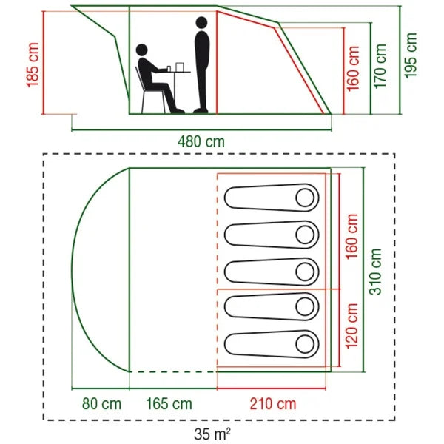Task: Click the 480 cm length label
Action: (201, 141)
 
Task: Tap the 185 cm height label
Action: (33, 66)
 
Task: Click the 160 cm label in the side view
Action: (353, 67)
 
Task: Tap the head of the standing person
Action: (201, 24)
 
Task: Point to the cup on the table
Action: (169, 68)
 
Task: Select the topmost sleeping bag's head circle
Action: (305, 198)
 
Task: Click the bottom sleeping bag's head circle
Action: (305, 343)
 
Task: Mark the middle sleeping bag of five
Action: (270, 271)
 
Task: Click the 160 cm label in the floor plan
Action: (352, 234)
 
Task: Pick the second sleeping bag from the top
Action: (270, 235)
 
